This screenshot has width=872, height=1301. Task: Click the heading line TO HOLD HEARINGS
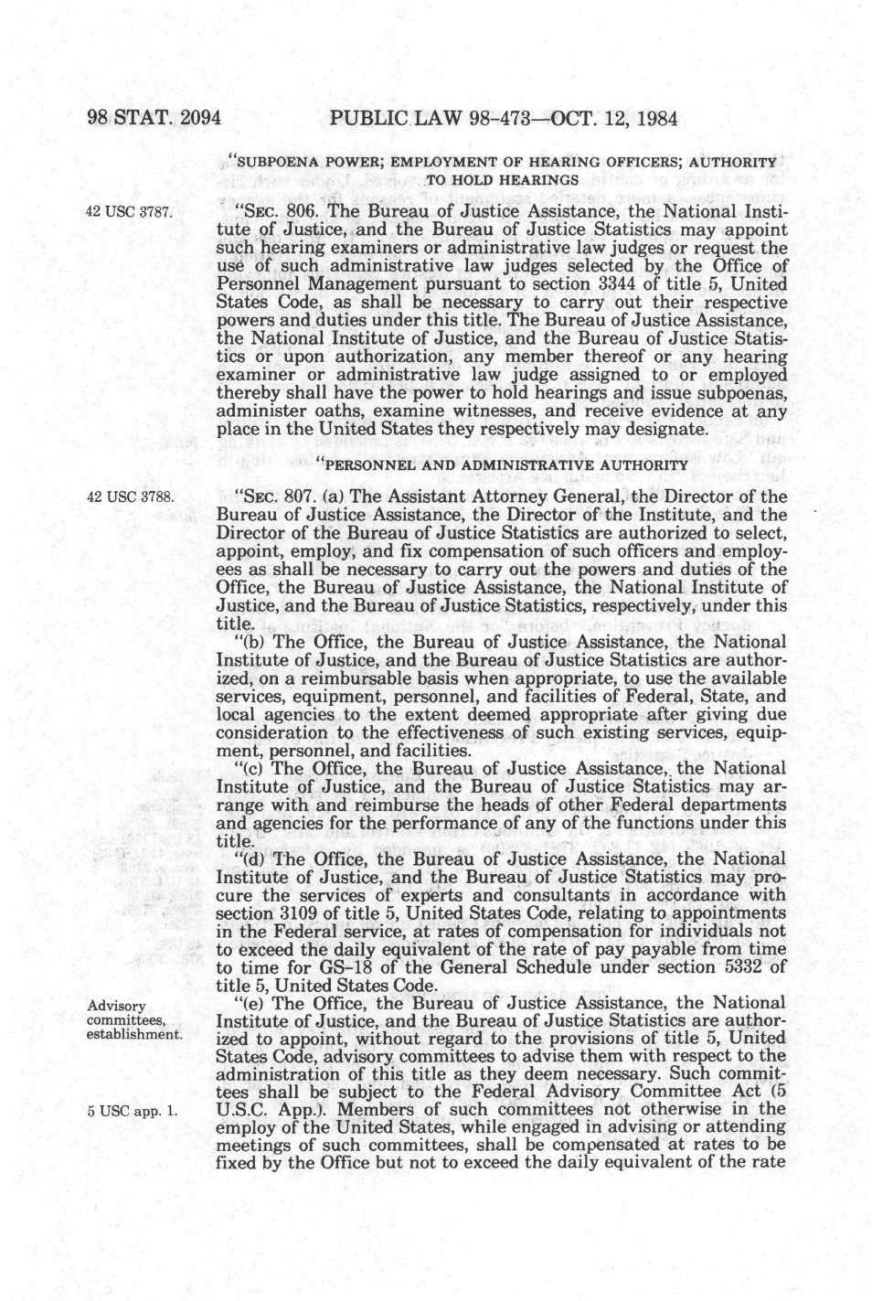tap(501, 179)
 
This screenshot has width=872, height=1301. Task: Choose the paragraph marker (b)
tap(250, 642)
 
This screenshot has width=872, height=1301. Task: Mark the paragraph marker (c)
tap(250, 769)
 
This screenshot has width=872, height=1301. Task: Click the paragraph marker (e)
tap(250, 1003)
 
